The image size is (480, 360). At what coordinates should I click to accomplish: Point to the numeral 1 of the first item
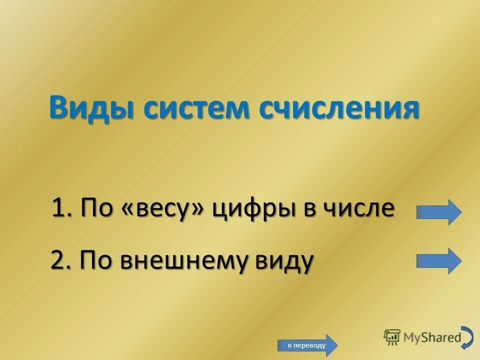pyautogui.click(x=59, y=208)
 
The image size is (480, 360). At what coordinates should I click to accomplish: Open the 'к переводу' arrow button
pyautogui.click(x=307, y=345)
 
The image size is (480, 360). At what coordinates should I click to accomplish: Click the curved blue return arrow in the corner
pyautogui.click(x=467, y=337)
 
